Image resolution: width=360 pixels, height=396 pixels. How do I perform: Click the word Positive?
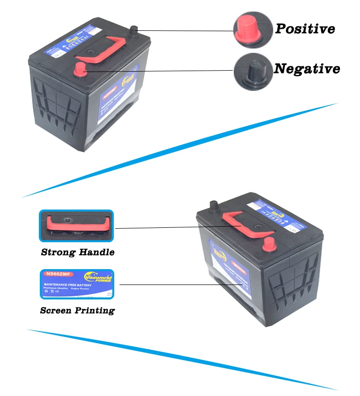(304, 28)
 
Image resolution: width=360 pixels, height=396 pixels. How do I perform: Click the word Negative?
(307, 69)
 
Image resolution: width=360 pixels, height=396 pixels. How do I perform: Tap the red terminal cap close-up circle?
(250, 29)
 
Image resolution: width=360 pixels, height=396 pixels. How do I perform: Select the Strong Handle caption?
(77, 252)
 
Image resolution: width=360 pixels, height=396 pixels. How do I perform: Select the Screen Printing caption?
(77, 310)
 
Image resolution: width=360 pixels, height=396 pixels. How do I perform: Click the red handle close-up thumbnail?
(76, 226)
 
